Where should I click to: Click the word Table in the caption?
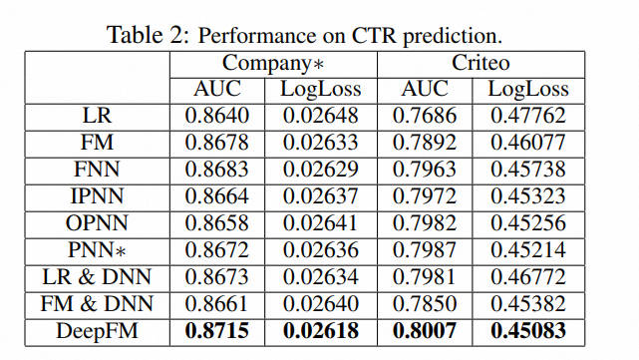135,35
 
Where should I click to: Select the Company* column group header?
273,64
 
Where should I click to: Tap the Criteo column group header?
480,63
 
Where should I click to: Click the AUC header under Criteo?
425,89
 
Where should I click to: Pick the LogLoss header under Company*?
321,90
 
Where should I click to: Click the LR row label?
97,116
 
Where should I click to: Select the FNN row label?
97,170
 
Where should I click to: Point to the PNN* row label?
97,250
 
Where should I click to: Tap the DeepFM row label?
97,331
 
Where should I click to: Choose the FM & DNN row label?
97,304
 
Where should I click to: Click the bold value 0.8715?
216,331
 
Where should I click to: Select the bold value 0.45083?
528,331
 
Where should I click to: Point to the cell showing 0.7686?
425,116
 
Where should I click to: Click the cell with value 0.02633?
321,143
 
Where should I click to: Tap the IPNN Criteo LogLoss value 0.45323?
528,196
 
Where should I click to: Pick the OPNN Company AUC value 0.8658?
216,223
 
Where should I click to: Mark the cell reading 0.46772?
528,277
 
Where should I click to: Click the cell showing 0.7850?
425,304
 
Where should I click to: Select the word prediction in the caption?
453,36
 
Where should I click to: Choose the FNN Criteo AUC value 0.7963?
425,170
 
